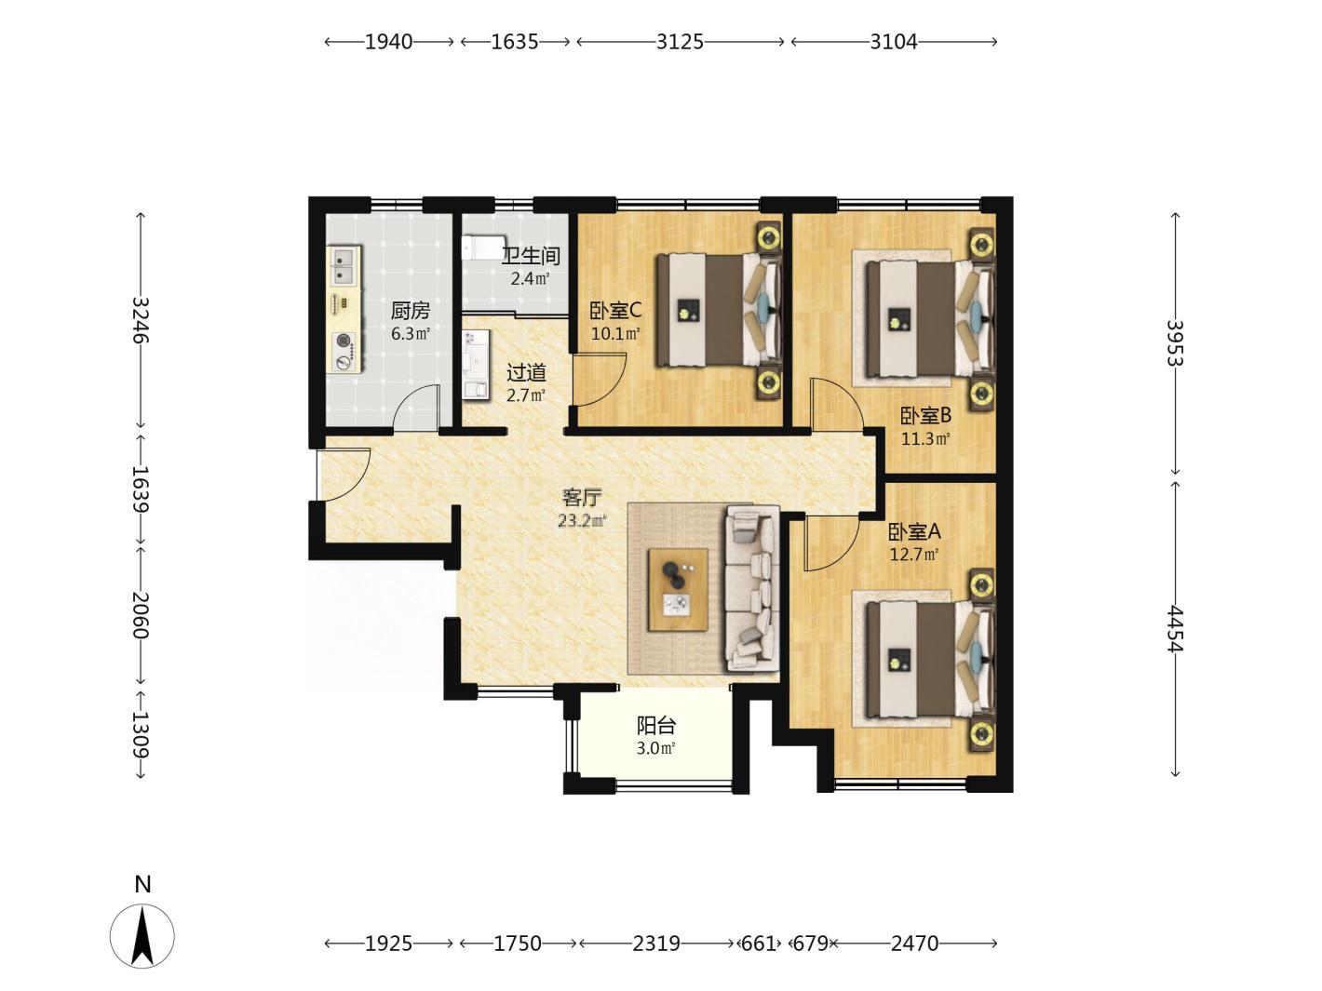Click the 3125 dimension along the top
click(680, 42)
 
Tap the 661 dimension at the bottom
click(758, 943)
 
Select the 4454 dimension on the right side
click(1175, 628)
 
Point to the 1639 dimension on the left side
click(141, 489)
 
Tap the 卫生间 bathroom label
click(531, 256)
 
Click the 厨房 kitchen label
click(411, 311)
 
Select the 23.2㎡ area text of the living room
click(581, 520)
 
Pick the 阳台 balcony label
click(656, 726)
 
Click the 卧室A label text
click(914, 531)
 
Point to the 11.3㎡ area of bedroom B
click(925, 438)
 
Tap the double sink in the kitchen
click(344, 266)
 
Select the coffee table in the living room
click(678, 590)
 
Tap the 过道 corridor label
click(526, 373)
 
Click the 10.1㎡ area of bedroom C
click(615, 333)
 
